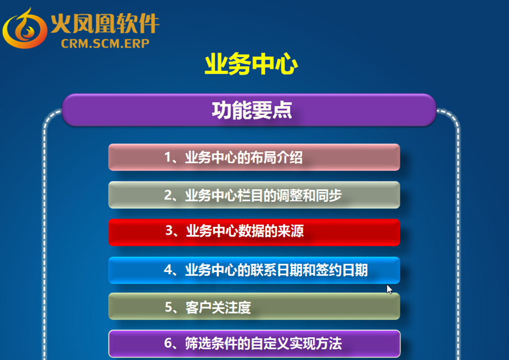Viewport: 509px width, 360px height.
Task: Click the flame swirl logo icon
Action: click(x=25, y=29)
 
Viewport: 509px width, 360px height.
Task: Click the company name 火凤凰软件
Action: click(x=105, y=23)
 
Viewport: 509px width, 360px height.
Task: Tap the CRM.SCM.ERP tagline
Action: click(x=105, y=43)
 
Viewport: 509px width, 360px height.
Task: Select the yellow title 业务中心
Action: click(x=251, y=64)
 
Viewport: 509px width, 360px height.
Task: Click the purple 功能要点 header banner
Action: click(x=249, y=110)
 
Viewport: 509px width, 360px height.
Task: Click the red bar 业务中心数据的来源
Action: click(x=254, y=232)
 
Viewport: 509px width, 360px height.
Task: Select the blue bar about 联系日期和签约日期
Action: click(x=254, y=270)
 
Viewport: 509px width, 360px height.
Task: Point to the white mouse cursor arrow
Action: click(x=389, y=289)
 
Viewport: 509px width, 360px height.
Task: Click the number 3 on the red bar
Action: click(x=169, y=230)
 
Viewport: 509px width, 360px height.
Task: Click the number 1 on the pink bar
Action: click(x=168, y=157)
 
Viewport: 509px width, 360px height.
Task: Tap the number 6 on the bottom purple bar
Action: click(x=168, y=343)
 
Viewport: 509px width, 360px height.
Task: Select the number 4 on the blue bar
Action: click(x=168, y=270)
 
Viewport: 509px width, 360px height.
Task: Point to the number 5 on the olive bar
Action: click(x=169, y=307)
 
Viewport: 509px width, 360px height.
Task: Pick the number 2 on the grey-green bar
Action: click(x=168, y=195)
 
